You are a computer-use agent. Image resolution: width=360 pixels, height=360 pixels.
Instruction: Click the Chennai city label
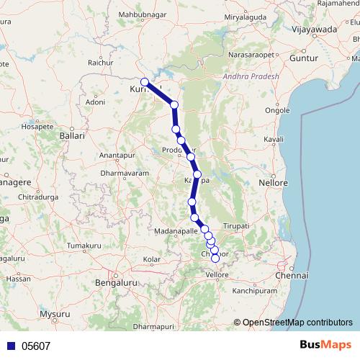click(295, 275)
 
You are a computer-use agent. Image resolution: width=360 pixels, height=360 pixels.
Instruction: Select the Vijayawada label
click(315, 30)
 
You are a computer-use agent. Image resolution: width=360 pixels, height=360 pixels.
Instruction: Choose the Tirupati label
click(236, 226)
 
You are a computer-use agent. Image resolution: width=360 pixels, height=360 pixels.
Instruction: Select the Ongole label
click(278, 110)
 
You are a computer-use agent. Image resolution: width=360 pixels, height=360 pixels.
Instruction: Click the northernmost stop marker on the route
click(145, 82)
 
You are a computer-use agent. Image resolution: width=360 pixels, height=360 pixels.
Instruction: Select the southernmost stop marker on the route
click(215, 258)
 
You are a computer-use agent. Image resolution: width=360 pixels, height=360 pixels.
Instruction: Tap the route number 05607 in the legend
click(35, 346)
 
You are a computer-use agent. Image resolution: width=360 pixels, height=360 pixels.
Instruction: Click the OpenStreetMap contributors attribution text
click(298, 322)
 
